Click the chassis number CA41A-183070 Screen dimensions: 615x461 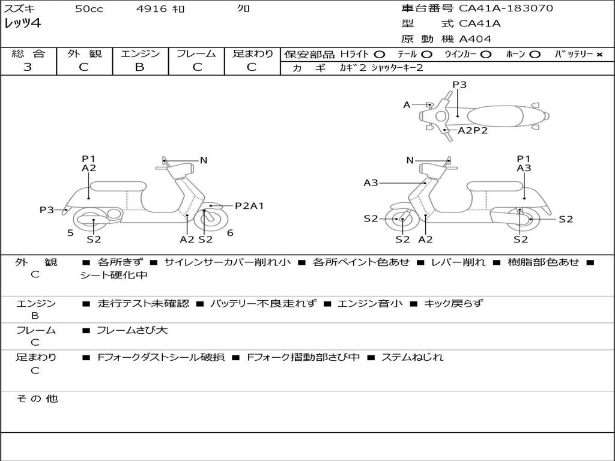[506, 8]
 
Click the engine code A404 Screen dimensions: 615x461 [475, 39]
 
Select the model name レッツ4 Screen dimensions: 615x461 [22, 23]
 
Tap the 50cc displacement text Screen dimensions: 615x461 [89, 8]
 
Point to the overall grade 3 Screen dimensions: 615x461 [28, 67]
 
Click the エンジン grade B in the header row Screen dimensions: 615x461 [139, 67]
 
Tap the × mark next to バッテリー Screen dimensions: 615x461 [599, 55]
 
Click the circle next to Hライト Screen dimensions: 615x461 [380, 55]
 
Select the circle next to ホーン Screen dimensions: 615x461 [535, 55]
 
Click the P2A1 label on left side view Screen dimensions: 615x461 [249, 206]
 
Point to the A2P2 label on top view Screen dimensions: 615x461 [473, 130]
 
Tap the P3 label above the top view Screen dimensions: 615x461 [459, 85]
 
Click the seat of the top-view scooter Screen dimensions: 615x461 [495, 116]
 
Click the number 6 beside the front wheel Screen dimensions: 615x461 [230, 233]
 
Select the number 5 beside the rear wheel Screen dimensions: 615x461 [70, 233]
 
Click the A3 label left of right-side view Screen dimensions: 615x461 [371, 182]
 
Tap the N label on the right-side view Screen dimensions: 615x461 [410, 160]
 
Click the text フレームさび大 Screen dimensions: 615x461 [132, 331]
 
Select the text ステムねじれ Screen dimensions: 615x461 [412, 357]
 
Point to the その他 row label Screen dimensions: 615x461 [37, 399]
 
